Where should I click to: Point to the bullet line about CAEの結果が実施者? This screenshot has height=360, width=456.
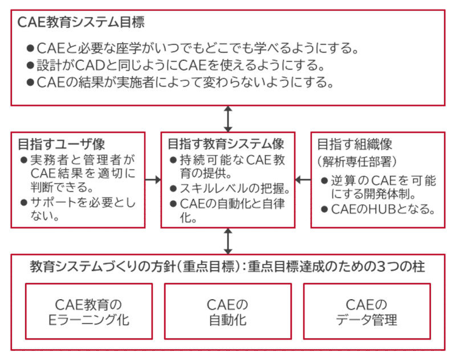[180, 81]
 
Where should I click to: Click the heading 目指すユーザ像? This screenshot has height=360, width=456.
[62, 143]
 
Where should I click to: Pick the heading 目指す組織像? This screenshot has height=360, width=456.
[355, 143]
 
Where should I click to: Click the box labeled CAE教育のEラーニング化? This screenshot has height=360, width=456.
[89, 312]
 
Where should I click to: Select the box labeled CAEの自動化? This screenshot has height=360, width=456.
[227, 312]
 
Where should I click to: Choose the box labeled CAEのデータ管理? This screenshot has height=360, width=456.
[366, 312]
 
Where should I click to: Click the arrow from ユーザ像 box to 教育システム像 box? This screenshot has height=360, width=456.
[153, 179]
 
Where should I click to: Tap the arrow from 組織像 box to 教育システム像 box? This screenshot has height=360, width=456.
[302, 179]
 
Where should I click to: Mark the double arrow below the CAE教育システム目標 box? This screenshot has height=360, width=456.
[228, 119]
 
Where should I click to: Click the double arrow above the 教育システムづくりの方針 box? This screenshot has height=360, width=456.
[228, 241]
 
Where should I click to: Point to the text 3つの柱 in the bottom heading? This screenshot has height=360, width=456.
[399, 266]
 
